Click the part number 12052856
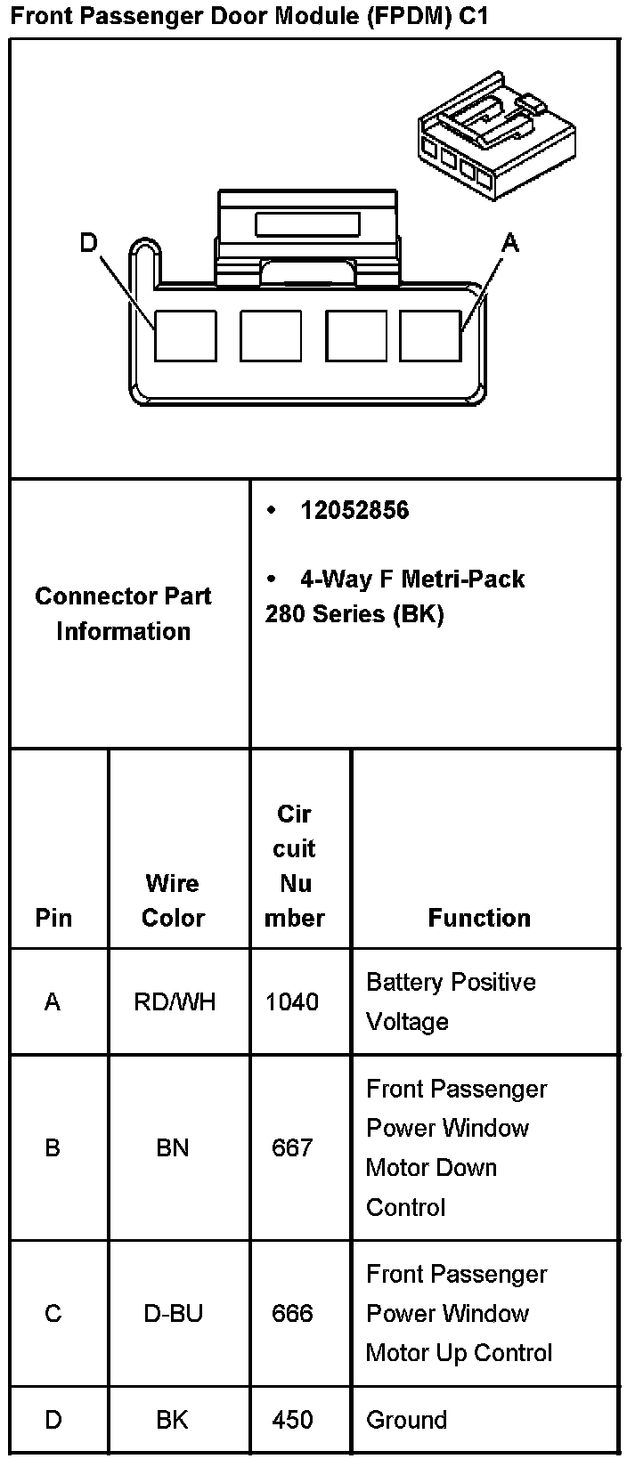tap(354, 511)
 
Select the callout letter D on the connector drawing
tap(88, 242)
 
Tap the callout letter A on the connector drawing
tap(509, 242)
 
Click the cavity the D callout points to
tap(185, 336)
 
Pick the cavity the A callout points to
tap(430, 336)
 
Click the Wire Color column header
tap(173, 900)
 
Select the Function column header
tap(479, 918)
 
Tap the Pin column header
tap(53, 918)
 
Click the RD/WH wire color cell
tap(175, 1002)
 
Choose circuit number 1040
tap(292, 1002)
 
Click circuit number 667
tap(292, 1148)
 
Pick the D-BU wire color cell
tap(173, 1314)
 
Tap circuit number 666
tap(292, 1314)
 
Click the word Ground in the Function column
tap(406, 1420)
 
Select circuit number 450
tap(292, 1420)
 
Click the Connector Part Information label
tap(123, 613)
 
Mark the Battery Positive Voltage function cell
tap(451, 1001)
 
